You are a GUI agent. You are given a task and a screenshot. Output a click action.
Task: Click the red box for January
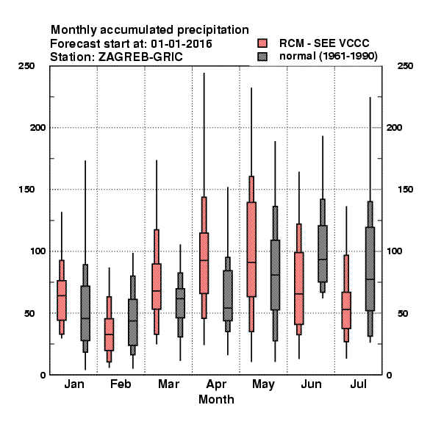pyautogui.click(x=62, y=300)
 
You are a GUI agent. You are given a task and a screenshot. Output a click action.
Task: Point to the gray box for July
pyautogui.click(x=370, y=269)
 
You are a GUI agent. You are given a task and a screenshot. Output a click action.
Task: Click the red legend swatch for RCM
pyautogui.click(x=262, y=43)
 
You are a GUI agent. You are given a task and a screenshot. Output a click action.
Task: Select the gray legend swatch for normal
pyautogui.click(x=262, y=57)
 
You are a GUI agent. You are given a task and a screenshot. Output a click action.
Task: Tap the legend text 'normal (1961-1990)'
pyautogui.click(x=328, y=56)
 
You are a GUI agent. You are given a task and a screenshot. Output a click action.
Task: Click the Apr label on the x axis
pyautogui.click(x=216, y=384)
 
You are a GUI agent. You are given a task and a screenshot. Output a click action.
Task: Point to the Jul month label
pyautogui.click(x=358, y=384)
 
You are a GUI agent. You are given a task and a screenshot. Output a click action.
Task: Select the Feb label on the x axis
pyautogui.click(x=121, y=384)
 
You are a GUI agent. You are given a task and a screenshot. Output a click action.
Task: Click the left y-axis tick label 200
pyautogui.click(x=37, y=127)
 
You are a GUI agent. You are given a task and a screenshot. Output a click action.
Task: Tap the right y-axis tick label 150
pyautogui.click(x=405, y=190)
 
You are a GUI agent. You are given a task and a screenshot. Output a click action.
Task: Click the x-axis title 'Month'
pyautogui.click(x=216, y=399)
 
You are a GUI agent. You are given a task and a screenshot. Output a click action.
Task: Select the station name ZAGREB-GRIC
pyautogui.click(x=140, y=57)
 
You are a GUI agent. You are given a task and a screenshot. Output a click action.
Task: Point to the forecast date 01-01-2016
pyautogui.click(x=182, y=44)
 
